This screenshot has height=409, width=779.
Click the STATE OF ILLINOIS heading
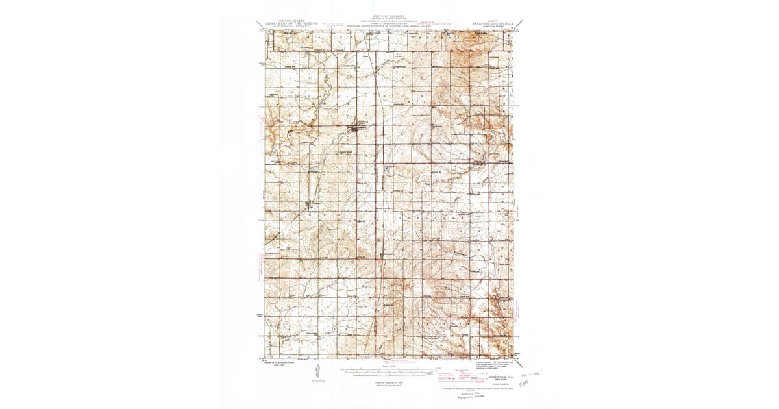click(389, 16)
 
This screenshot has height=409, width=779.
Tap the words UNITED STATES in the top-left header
click(291, 21)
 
